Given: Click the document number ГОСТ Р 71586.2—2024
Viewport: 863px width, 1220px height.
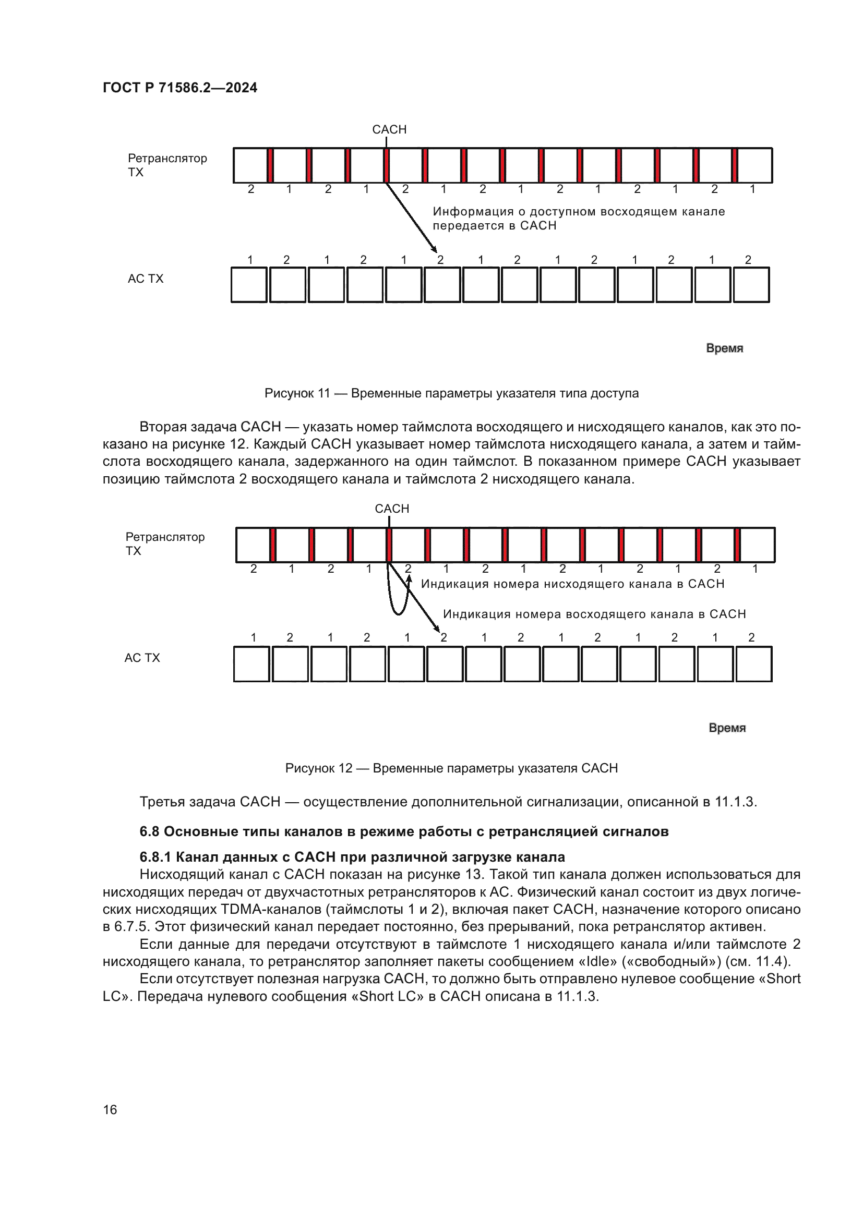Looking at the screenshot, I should (x=179, y=88).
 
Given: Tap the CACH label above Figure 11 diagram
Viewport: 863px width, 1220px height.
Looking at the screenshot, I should (x=389, y=130).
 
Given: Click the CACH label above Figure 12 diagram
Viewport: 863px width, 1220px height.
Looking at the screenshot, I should (x=392, y=509).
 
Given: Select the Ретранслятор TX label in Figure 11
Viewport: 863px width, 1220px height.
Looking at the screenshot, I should (x=167, y=165).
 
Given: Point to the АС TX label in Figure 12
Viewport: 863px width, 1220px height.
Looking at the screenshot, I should (x=142, y=658).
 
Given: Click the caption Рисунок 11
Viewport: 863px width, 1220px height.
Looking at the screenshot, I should (x=451, y=393).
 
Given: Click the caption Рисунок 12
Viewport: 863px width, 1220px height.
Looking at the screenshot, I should (x=451, y=768).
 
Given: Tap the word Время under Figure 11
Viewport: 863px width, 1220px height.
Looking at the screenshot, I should (x=724, y=348).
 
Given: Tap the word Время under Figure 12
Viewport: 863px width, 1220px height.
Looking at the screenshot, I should (x=727, y=728).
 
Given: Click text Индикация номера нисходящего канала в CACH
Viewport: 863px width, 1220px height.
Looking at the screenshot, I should (x=572, y=584).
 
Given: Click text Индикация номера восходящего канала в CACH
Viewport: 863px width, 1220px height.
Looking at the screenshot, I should (x=594, y=614).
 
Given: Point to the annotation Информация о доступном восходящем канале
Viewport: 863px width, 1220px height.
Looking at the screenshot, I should (x=578, y=211).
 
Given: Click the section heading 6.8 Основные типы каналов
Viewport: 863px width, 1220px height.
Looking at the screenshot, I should (x=404, y=831).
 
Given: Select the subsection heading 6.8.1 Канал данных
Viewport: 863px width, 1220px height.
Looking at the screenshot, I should (x=352, y=857).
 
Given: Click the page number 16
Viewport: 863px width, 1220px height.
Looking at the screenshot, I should (x=110, y=1109).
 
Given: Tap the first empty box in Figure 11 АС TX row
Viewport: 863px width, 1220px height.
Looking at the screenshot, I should (x=249, y=285).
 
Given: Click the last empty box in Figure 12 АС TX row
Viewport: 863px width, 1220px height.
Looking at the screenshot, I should (x=754, y=664).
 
